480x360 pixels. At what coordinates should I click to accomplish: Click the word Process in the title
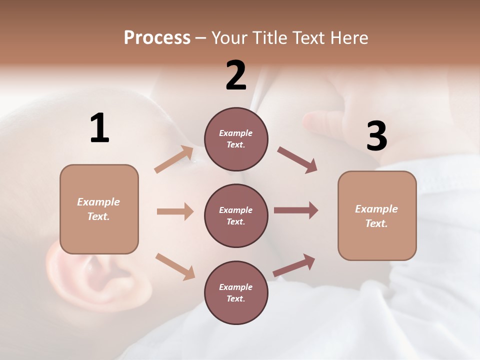pyautogui.click(x=157, y=37)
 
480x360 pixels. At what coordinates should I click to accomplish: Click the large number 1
pyautogui.click(x=99, y=128)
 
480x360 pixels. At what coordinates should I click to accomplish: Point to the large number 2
pyautogui.click(x=236, y=75)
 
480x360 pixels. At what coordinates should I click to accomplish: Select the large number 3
pyautogui.click(x=376, y=136)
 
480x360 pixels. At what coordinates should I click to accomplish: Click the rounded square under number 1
pyautogui.click(x=99, y=209)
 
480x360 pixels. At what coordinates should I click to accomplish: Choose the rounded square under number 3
pyautogui.click(x=377, y=216)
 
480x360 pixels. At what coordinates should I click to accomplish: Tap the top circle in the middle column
pyautogui.click(x=236, y=139)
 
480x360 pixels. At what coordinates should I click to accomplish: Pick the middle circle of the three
pyautogui.click(x=236, y=215)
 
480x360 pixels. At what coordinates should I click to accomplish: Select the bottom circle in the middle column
pyautogui.click(x=236, y=292)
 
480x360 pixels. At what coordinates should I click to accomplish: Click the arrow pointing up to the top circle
pyautogui.click(x=174, y=159)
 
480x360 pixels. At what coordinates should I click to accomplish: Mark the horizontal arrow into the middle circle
pyautogui.click(x=175, y=211)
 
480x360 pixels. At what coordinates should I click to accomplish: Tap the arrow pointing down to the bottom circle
pyautogui.click(x=175, y=266)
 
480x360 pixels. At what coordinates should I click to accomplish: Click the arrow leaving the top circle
pyautogui.click(x=297, y=160)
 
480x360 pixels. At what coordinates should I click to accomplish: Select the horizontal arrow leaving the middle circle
pyautogui.click(x=296, y=210)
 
